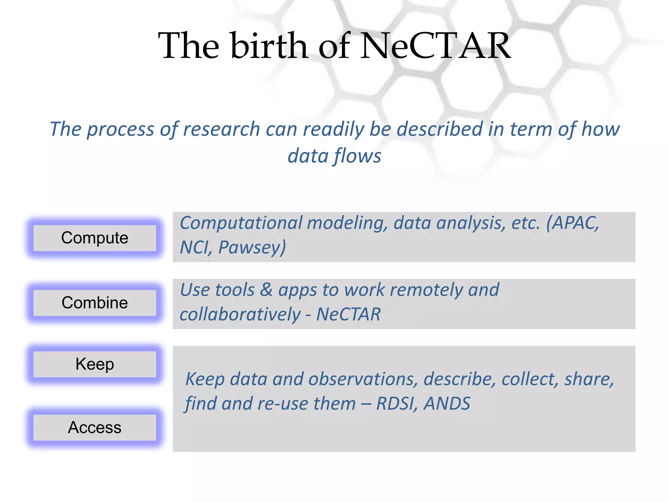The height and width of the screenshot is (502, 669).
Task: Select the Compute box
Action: click(x=95, y=238)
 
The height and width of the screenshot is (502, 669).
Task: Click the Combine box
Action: click(x=95, y=303)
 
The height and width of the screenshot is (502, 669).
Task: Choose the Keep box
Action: click(x=95, y=364)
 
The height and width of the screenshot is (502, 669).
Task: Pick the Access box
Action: click(x=95, y=427)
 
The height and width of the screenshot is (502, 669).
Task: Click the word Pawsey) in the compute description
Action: click(x=252, y=247)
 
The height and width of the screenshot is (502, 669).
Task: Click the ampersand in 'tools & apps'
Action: click(x=266, y=290)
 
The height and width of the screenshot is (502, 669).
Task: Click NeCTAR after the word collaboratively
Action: click(x=348, y=314)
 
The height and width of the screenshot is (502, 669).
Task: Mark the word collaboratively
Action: click(x=240, y=314)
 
